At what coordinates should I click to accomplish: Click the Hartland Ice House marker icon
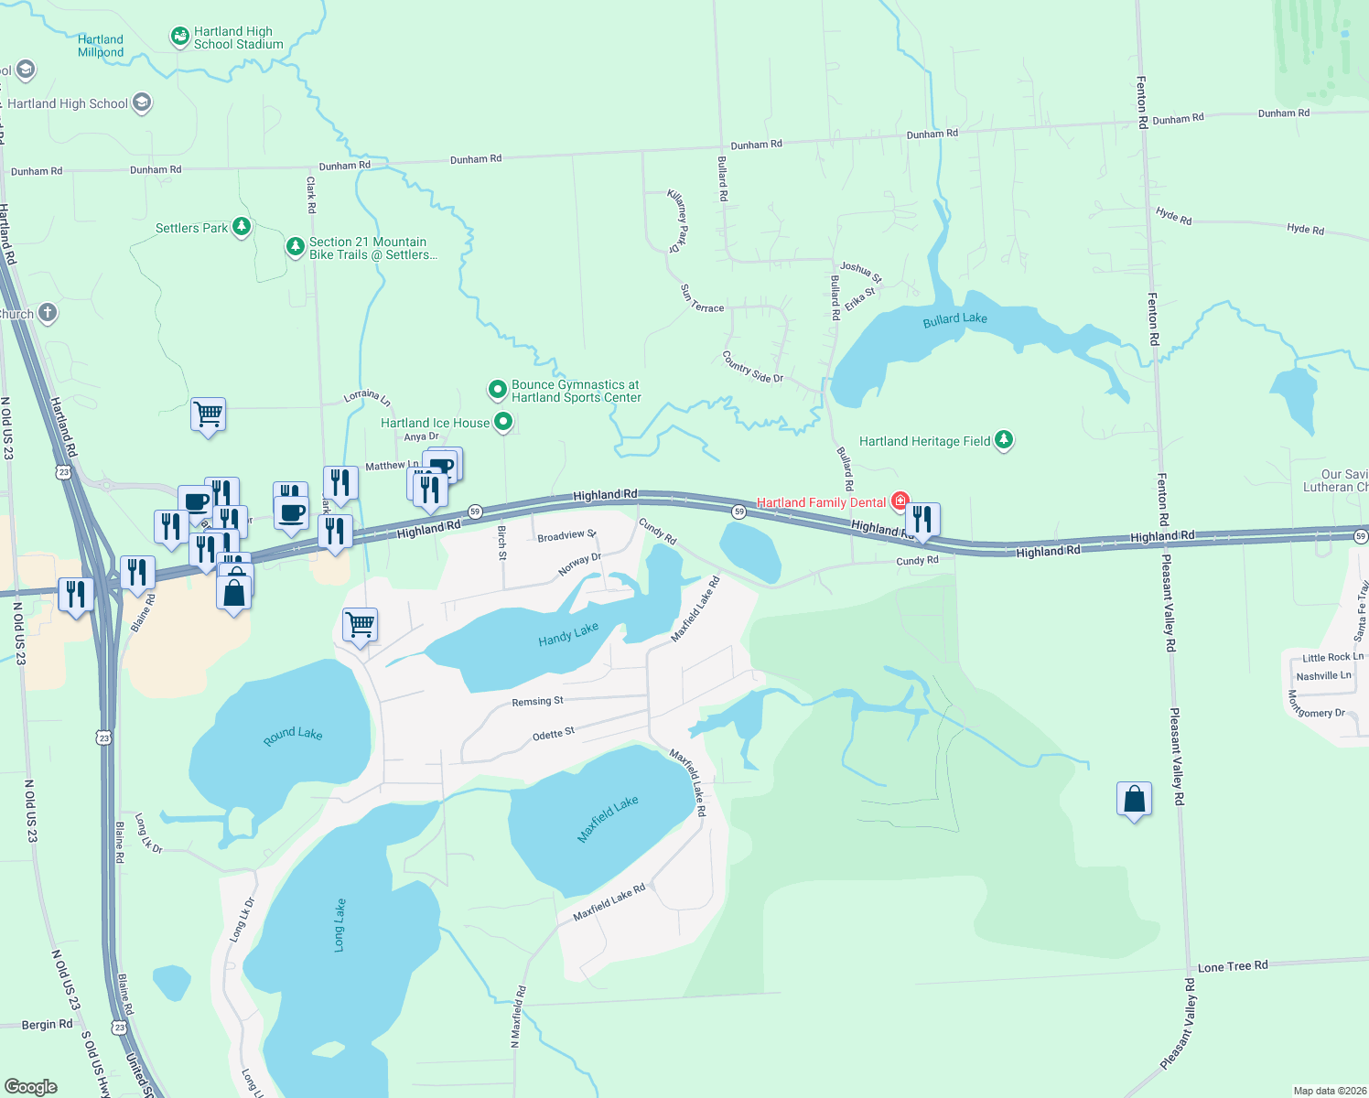point(503,422)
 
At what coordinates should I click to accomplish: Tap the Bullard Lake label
point(954,319)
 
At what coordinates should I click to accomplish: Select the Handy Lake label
point(568,634)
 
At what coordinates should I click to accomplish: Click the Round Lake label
point(293,736)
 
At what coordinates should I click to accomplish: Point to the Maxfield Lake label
point(608,819)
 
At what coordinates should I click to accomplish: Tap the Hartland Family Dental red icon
point(900,501)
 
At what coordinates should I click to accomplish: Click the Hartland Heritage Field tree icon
point(1004,440)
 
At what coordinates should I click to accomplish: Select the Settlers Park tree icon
point(242,226)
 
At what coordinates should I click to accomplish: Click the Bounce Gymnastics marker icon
point(497,391)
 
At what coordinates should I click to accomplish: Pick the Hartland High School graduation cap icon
point(142,102)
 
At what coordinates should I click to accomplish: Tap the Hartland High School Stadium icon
point(180,37)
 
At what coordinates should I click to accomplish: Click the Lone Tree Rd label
point(1233,966)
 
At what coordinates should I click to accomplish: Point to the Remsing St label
point(537,702)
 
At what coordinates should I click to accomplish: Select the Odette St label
point(554,734)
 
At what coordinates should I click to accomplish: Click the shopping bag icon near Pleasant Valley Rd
point(1134,799)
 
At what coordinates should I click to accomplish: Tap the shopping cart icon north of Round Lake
point(360,625)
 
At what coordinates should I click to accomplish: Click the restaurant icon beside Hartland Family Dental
point(922,520)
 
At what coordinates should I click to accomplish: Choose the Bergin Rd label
point(47,1025)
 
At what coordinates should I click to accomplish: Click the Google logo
point(31,1087)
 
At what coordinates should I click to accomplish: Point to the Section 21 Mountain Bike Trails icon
point(295,246)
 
